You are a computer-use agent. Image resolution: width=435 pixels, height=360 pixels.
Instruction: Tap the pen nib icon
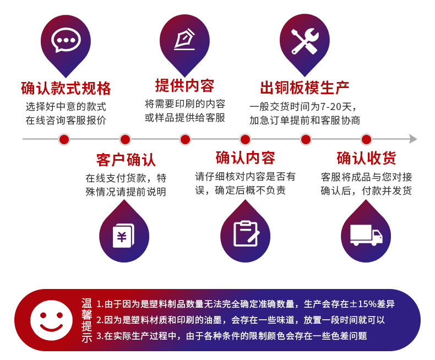(184, 40)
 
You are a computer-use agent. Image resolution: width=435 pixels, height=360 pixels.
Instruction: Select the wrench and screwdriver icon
(304, 41)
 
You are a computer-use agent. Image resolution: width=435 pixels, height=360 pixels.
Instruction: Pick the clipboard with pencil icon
(246, 233)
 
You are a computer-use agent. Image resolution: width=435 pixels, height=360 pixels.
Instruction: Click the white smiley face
(51, 320)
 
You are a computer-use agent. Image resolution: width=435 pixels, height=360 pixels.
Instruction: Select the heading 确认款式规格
(66, 88)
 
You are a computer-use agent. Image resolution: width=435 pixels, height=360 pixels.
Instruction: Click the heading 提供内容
(184, 86)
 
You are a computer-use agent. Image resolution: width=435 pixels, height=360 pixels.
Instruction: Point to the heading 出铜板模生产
(304, 88)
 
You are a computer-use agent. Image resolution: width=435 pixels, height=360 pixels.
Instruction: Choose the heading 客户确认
(126, 160)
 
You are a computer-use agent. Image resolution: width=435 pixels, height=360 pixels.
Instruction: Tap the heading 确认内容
(246, 158)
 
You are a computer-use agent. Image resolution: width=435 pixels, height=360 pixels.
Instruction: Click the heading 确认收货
(366, 159)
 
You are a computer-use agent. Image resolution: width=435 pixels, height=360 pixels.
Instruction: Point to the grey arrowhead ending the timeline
(413, 139)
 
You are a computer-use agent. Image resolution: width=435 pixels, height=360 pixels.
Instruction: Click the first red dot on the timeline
(64, 139)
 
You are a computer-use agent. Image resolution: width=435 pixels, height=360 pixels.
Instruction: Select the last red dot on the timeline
(366, 139)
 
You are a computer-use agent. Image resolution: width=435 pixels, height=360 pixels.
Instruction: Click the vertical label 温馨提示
(86, 320)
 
